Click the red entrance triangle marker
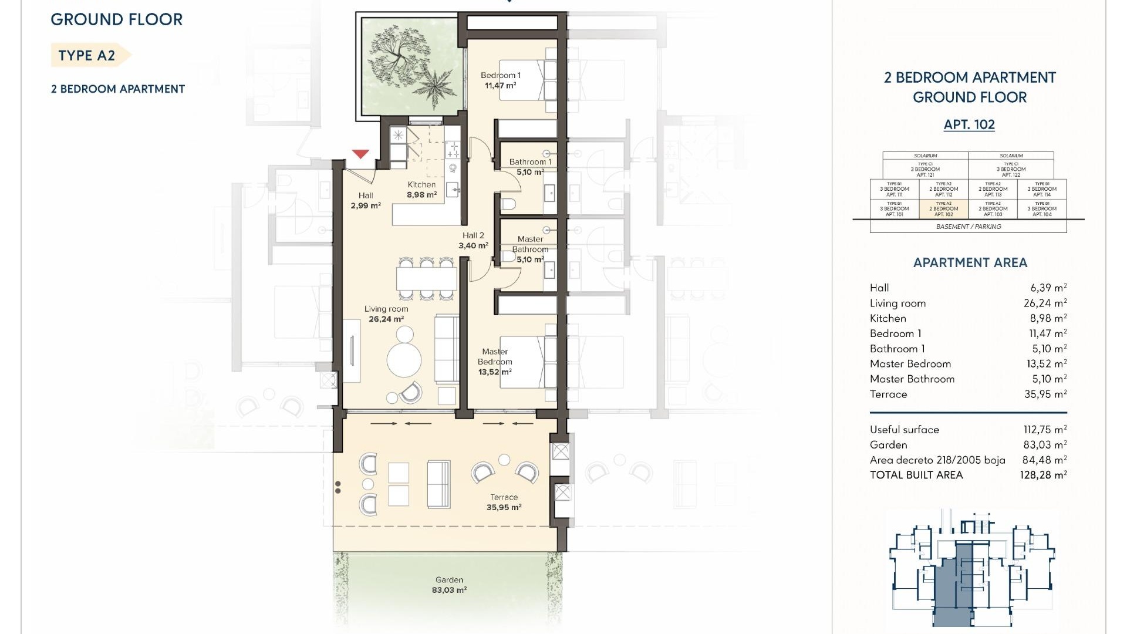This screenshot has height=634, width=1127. tap(360, 154)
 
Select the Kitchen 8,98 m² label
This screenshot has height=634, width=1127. tap(422, 190)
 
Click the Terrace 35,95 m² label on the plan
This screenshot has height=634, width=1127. tap(504, 503)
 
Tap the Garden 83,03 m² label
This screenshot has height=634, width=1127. tap(449, 585)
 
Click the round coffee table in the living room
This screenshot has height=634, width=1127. tap(404, 359)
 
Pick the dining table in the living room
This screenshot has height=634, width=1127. tap(427, 278)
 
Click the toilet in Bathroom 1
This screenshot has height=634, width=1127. tap(508, 204)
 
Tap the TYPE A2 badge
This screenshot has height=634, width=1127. tap(87, 56)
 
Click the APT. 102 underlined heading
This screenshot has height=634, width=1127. tap(969, 124)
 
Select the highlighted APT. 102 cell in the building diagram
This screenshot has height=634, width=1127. tap(943, 209)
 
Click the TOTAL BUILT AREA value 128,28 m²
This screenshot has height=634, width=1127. tap(1043, 475)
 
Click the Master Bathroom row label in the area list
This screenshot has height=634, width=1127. tap(912, 379)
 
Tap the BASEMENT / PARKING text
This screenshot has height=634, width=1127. tap(969, 227)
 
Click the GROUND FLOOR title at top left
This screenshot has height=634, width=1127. tap(117, 19)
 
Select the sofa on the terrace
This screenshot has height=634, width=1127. tap(438, 484)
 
